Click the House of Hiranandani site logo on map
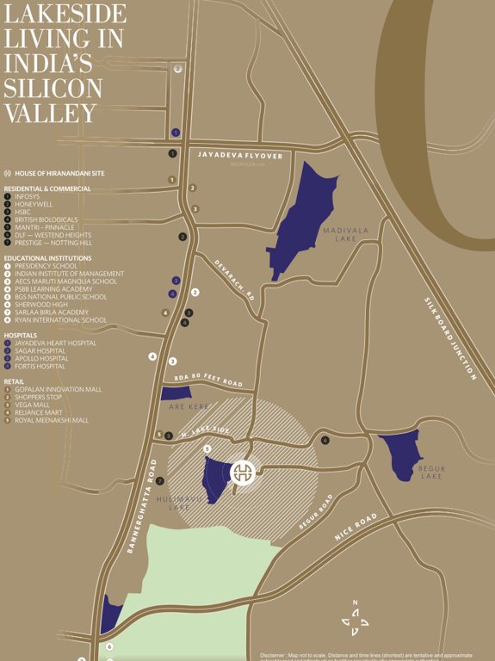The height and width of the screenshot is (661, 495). click(244, 472)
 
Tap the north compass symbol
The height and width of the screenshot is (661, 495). click(355, 619)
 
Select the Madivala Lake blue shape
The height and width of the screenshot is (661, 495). click(301, 219)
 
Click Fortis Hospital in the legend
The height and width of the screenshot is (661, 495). click(40, 367)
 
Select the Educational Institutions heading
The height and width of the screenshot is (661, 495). click(47, 258)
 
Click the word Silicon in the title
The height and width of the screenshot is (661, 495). click(53, 88)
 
